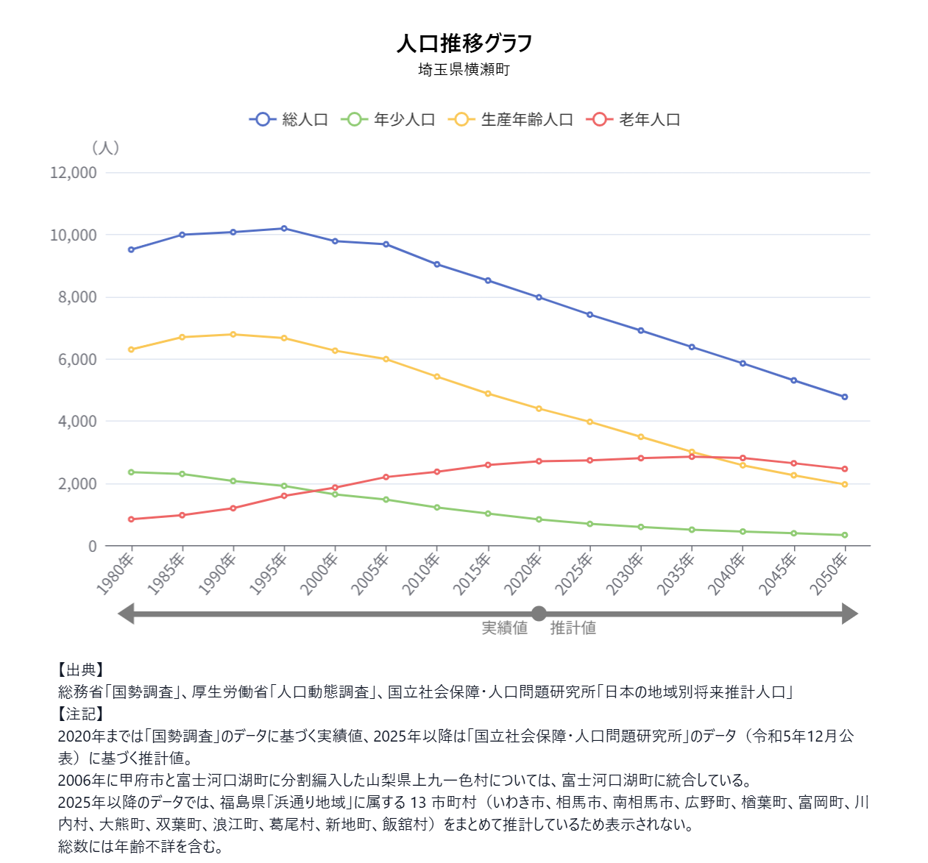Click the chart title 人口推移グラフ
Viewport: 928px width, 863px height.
point(464,43)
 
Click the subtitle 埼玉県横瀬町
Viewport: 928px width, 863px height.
point(464,70)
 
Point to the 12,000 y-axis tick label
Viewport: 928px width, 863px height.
point(74,173)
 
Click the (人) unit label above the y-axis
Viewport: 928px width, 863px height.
point(105,148)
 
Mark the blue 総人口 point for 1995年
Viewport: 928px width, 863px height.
point(284,228)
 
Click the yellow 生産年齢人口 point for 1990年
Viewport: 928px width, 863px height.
point(233,334)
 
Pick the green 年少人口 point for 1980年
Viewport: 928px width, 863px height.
point(131,472)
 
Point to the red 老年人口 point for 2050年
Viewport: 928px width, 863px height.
point(844,469)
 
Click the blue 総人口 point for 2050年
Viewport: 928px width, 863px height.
point(844,397)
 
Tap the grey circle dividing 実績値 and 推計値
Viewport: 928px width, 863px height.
point(539,614)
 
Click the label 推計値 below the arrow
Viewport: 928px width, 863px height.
point(573,628)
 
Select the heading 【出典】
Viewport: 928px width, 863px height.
point(81,670)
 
